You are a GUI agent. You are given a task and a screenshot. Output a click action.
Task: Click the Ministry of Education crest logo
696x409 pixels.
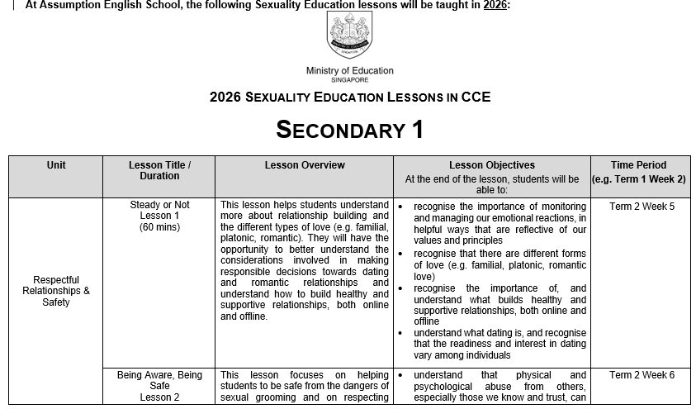[x=350, y=35]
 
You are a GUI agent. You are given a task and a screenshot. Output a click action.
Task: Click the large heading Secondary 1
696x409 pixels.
[x=349, y=130]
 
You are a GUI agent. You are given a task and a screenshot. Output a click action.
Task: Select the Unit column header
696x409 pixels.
[x=56, y=165]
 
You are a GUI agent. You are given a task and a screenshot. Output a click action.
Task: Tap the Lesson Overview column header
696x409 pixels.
[x=305, y=165]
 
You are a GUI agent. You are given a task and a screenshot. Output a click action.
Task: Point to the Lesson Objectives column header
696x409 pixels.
[x=491, y=165]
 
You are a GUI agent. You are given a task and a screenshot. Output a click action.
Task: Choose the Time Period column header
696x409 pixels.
[x=638, y=165]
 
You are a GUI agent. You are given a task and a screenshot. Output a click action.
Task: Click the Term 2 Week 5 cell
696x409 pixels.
[x=642, y=207]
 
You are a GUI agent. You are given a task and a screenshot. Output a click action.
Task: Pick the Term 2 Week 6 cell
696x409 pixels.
[x=642, y=375]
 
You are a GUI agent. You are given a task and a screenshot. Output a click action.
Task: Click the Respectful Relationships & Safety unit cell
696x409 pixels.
[x=56, y=291]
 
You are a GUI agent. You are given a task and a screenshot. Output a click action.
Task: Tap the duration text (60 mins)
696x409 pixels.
[x=159, y=227]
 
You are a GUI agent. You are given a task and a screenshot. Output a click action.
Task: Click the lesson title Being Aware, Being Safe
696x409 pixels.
[x=159, y=380]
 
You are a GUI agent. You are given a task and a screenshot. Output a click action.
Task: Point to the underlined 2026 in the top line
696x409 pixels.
[x=495, y=5]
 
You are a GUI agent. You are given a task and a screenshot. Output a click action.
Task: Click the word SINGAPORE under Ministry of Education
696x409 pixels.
[x=350, y=80]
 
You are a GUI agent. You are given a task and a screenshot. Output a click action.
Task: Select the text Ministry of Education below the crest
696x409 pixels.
[x=350, y=71]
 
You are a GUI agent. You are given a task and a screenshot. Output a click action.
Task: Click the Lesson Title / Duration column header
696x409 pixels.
[x=159, y=170]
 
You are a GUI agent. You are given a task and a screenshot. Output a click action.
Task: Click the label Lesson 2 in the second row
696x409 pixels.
[x=159, y=397]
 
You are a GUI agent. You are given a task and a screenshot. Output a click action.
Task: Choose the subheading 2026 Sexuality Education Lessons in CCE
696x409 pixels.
[x=350, y=97]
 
